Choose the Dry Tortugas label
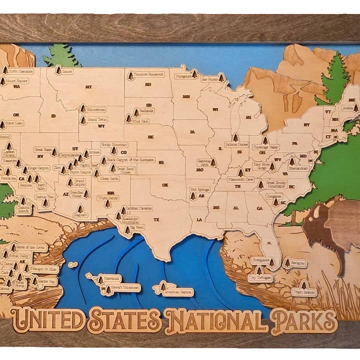[260, 276]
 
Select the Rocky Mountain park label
[113, 144]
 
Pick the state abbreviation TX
[156, 219]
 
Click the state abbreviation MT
[88, 87]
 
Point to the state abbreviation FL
[269, 243]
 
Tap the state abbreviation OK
[165, 184]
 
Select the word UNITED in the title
[48, 320]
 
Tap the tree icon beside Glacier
[58, 70]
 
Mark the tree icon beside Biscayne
[287, 262]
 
